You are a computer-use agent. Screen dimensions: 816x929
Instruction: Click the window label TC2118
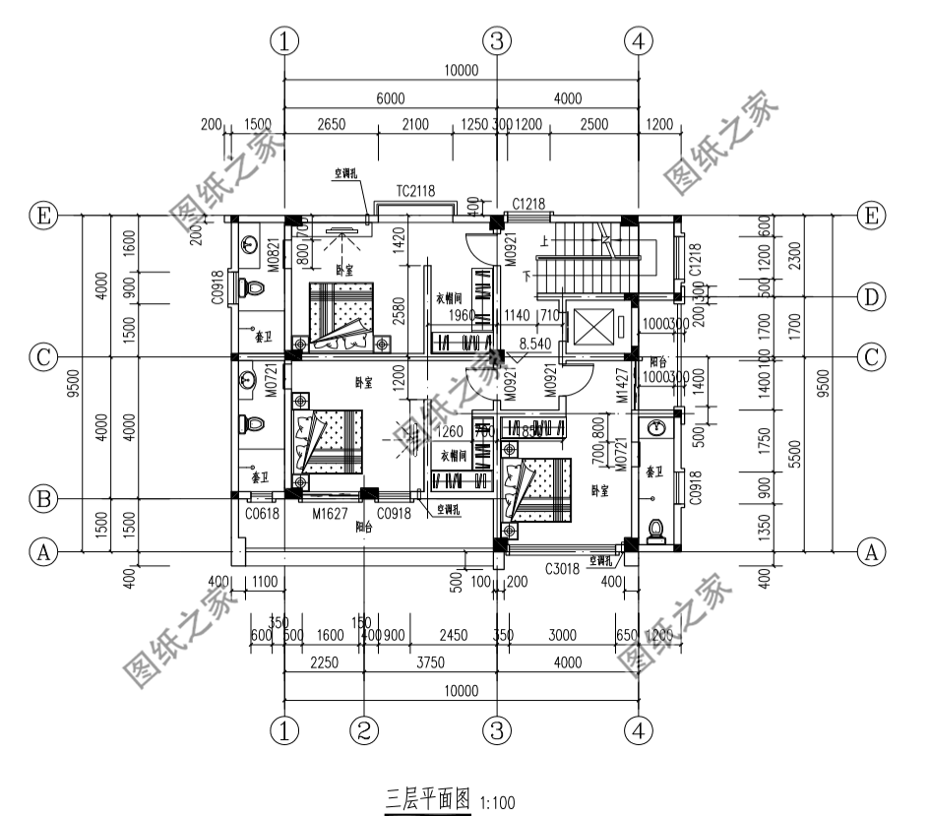click(415, 190)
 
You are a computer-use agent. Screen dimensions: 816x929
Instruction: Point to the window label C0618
click(263, 514)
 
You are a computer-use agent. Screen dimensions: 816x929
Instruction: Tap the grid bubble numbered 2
click(364, 730)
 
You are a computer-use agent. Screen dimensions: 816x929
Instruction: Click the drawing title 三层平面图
click(427, 796)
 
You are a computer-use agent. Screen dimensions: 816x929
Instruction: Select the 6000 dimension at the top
click(390, 98)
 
